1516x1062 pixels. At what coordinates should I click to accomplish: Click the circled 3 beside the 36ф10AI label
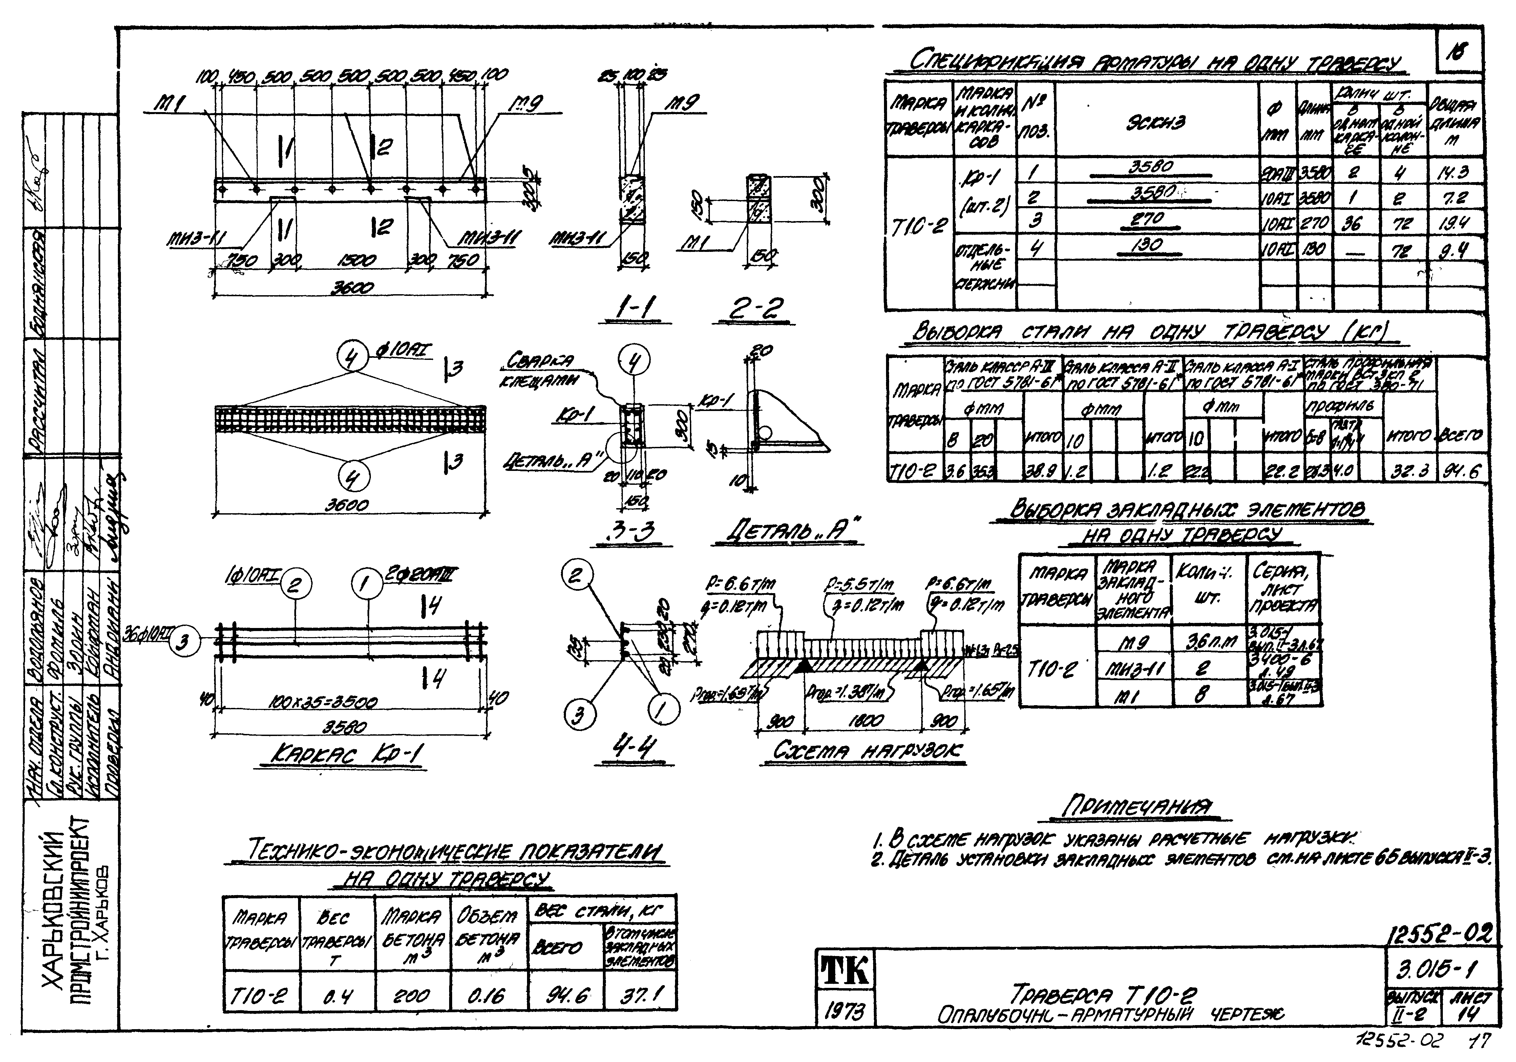[184, 643]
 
